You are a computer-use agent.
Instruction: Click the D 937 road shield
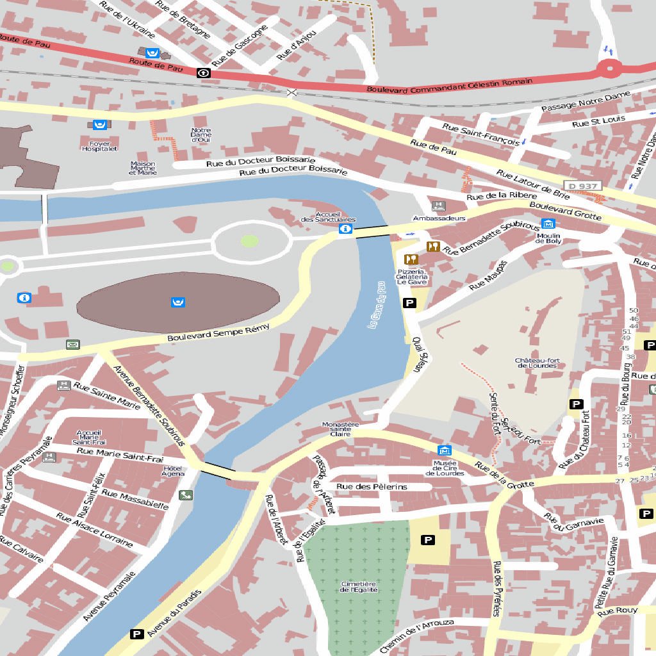point(584,186)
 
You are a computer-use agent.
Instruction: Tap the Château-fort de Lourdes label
point(537,363)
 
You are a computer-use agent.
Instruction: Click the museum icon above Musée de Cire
point(444,451)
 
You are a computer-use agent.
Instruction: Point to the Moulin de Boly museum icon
point(548,224)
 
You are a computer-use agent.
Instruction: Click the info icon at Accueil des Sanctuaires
point(345,229)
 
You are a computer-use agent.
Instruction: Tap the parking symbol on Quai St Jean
point(409,303)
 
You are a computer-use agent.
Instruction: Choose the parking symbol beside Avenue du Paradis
point(136,634)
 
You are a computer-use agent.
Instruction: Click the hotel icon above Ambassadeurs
point(439,206)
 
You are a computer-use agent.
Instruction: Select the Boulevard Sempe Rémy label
point(218,332)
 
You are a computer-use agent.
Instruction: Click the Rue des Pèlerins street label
point(372,487)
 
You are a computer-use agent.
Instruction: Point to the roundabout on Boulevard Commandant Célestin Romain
point(609,67)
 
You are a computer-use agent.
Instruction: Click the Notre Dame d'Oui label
point(201,135)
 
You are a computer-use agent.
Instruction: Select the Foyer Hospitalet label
point(99,146)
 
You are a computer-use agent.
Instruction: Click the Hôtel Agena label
point(173,471)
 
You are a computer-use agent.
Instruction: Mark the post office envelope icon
point(72,345)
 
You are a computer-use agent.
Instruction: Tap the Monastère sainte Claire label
point(340,429)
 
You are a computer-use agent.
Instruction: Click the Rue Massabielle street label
point(135,500)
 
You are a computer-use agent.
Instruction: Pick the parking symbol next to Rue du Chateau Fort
point(576,404)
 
